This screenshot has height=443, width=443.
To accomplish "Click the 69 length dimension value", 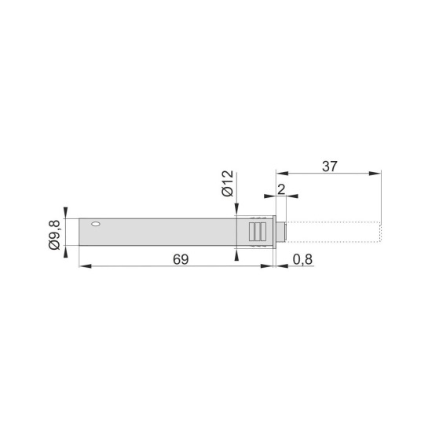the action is (181, 259).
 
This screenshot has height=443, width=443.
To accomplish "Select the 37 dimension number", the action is (330, 167).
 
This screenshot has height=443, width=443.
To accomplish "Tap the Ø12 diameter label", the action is (228, 183).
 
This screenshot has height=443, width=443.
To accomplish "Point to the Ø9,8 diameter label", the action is (54, 235).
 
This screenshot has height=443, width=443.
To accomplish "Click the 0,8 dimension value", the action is (302, 259).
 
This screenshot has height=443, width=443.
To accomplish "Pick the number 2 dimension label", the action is (281, 189).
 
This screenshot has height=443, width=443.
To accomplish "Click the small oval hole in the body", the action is (96, 225).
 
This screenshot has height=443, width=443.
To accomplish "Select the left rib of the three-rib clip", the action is (251, 232).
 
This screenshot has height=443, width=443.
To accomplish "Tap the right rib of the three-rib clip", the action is (263, 232).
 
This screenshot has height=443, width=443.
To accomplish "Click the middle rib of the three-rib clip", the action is (258, 232).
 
